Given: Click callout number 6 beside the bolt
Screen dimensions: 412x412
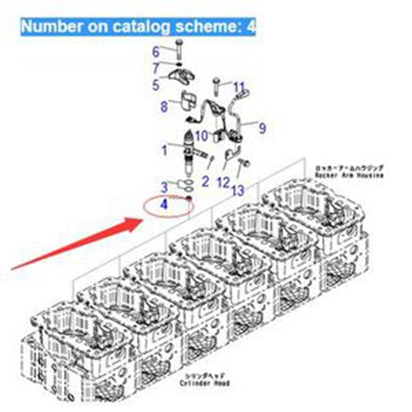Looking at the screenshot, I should click(155, 53).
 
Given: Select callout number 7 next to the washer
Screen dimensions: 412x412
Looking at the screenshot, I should click(156, 69).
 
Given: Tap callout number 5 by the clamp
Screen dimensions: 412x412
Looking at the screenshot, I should click(155, 85).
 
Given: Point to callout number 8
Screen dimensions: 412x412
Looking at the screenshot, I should click(163, 107).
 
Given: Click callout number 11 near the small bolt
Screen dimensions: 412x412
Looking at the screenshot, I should click(239, 87).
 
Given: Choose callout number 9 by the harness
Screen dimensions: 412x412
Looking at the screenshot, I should click(263, 128).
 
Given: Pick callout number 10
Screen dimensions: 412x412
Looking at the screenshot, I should click(201, 135).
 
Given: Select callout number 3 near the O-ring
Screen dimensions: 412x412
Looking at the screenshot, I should click(164, 187).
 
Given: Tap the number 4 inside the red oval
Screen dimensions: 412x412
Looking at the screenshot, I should click(164, 205).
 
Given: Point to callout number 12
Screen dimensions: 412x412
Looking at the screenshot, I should click(223, 182).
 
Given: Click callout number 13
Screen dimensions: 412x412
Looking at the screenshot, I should click(237, 190).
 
